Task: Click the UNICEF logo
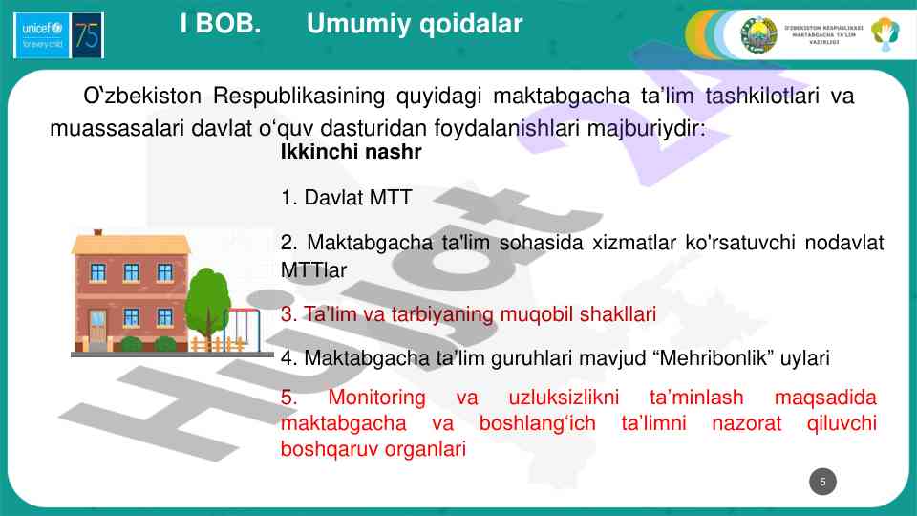click(x=42, y=35)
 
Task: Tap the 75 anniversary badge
click(x=87, y=35)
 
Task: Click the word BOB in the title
click(x=227, y=24)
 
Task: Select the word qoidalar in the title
click(x=471, y=25)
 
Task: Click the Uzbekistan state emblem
click(x=759, y=35)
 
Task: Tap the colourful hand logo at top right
click(x=885, y=33)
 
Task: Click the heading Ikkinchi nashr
click(x=351, y=152)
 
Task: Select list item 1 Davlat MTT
click(x=346, y=198)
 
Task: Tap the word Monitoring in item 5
click(x=376, y=398)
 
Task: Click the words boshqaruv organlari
click(x=373, y=449)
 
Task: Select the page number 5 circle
click(x=822, y=482)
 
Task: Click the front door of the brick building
click(x=97, y=329)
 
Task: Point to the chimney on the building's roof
click(x=98, y=232)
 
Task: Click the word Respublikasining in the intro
click(x=299, y=96)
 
